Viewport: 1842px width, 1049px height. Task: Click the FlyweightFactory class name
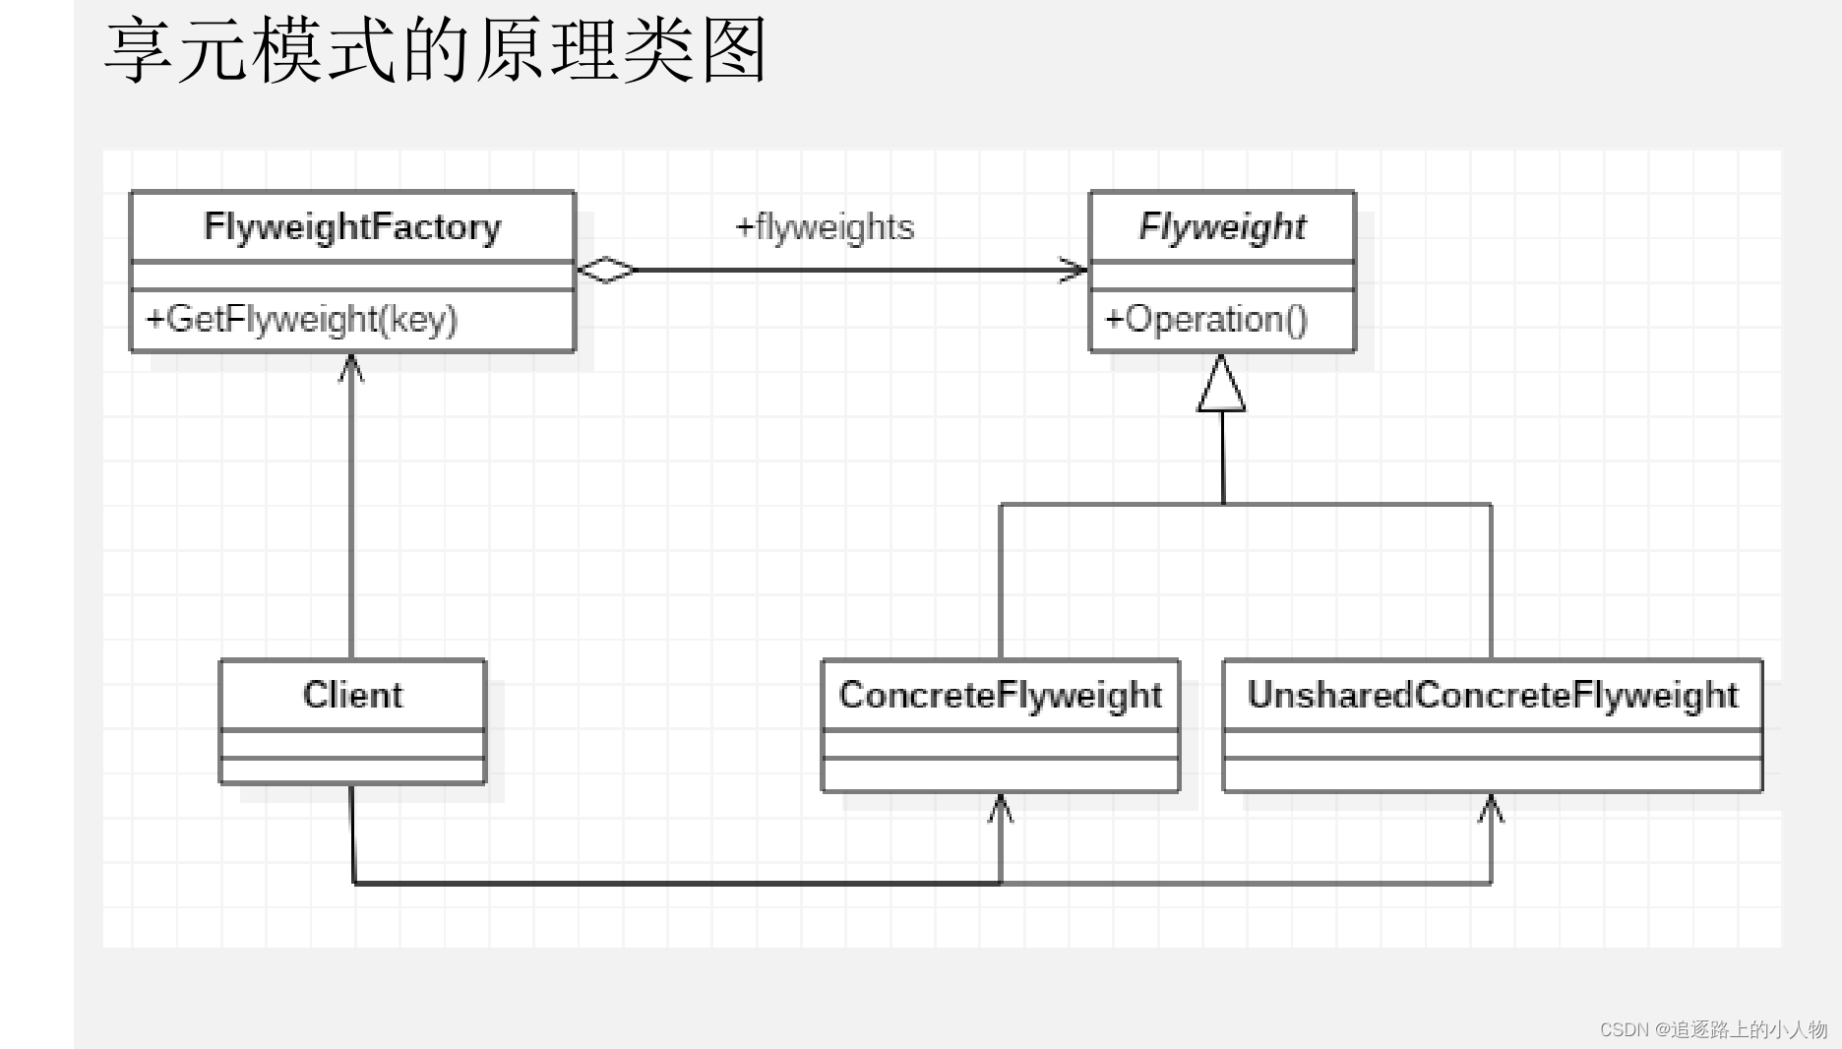point(352,227)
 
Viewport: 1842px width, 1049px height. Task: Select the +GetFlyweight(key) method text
point(302,320)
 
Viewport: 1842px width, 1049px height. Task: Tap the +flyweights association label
point(825,227)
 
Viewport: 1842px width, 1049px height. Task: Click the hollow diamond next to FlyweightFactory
point(606,269)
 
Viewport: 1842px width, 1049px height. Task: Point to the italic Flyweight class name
point(1222,227)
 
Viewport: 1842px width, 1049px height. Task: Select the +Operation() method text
point(1206,320)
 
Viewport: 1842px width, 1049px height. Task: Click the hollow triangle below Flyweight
point(1221,386)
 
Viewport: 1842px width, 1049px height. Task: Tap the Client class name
point(352,696)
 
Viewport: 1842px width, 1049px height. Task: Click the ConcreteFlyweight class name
point(1000,696)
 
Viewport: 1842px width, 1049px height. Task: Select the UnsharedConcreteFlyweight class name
point(1492,696)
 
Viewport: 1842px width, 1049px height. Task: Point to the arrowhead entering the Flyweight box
point(1074,269)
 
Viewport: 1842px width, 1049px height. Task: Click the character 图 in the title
point(734,51)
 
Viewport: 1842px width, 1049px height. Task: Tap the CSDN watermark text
point(1713,1029)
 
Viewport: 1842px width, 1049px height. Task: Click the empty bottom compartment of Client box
point(352,771)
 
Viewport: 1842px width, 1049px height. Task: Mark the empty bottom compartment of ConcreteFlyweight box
point(1000,775)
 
